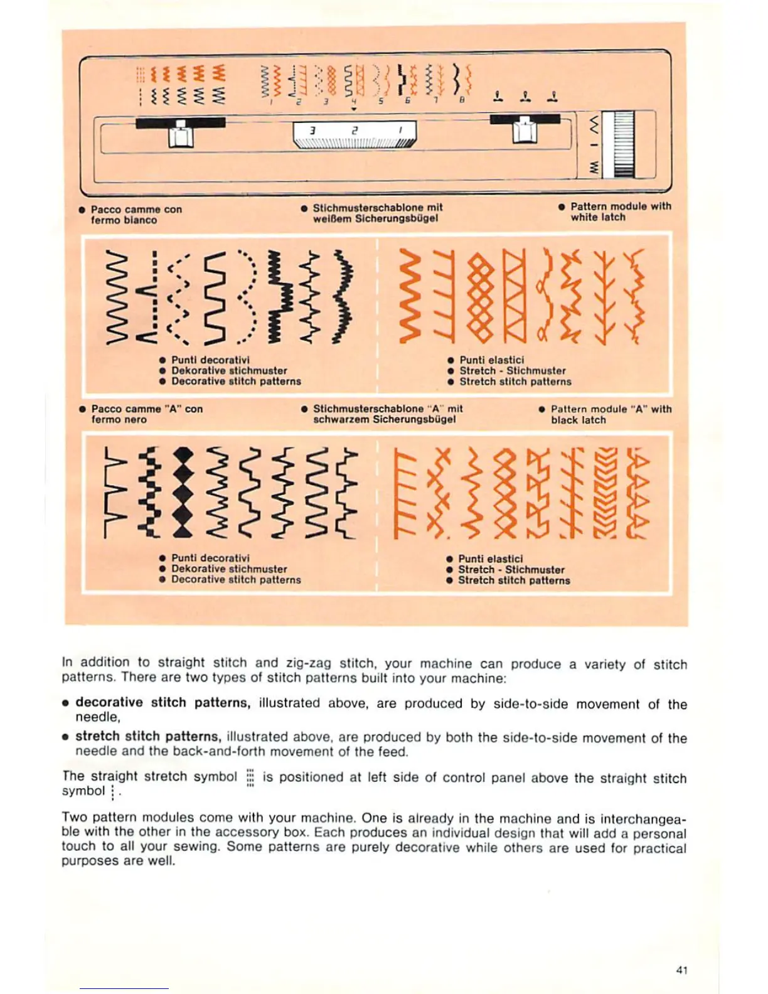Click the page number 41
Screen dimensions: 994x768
(x=682, y=970)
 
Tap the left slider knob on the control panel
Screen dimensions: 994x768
(x=181, y=132)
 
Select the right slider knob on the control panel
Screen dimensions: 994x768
(x=525, y=129)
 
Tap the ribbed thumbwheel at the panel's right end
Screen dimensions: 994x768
(x=624, y=144)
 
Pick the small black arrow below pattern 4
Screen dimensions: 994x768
(x=354, y=109)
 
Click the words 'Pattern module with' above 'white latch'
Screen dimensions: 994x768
(x=621, y=206)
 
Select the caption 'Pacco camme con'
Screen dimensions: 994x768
(x=136, y=210)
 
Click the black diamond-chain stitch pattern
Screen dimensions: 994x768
(x=182, y=492)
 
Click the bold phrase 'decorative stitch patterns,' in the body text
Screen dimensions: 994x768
(x=163, y=703)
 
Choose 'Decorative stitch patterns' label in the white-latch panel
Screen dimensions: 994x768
(x=236, y=381)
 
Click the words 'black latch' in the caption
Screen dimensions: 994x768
(x=578, y=420)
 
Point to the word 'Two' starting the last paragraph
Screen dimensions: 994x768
(x=73, y=818)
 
